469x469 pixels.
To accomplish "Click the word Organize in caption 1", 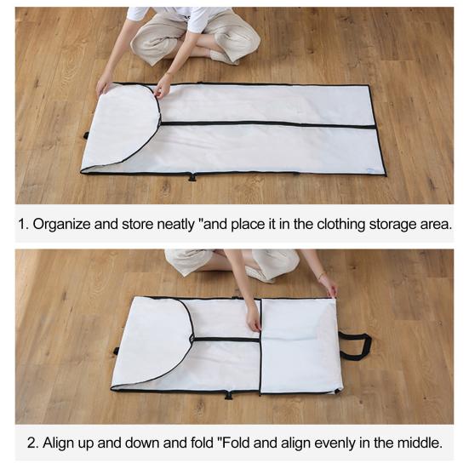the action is click(61, 224).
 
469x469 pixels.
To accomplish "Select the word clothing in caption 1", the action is click(341, 225).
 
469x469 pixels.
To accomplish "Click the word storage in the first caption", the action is click(392, 225).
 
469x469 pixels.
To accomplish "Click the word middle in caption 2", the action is click(420, 443).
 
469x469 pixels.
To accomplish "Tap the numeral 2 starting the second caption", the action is click(32, 443).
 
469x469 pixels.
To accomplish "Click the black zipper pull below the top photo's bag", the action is click(192, 177).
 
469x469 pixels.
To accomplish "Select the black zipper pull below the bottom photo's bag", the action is click(229, 396).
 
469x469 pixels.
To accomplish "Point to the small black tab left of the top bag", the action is click(86, 136).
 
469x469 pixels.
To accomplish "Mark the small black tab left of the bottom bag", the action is click(116, 351).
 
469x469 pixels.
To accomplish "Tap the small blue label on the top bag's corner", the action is click(371, 169).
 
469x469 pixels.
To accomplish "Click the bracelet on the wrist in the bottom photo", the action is click(322, 275).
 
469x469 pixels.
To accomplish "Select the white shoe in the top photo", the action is click(222, 57).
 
